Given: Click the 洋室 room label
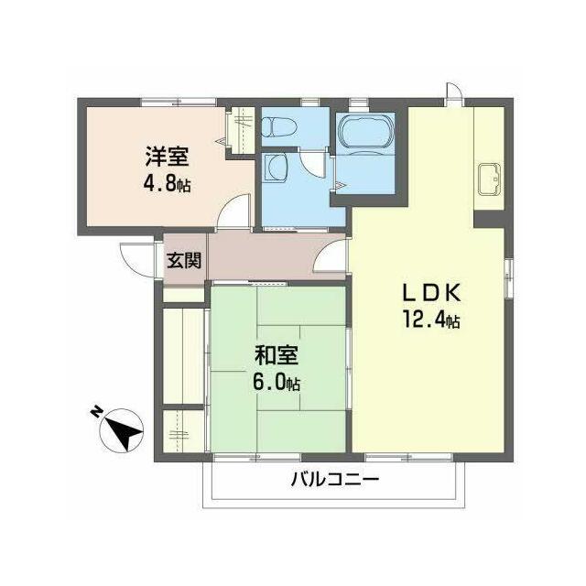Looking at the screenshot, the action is click(x=167, y=157).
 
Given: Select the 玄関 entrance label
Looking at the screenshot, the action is click(x=184, y=260).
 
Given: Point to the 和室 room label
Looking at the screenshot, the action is click(x=277, y=355).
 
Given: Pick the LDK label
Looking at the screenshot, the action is click(x=430, y=293).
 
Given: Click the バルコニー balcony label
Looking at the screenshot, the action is click(x=335, y=479).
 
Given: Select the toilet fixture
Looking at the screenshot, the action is click(x=278, y=126).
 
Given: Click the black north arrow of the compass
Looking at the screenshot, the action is click(x=124, y=430).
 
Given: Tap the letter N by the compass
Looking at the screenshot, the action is click(x=96, y=412).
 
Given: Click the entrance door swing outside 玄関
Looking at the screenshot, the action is click(x=138, y=259).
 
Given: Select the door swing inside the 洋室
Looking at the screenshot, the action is click(x=233, y=211).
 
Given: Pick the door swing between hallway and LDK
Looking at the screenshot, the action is click(x=330, y=255).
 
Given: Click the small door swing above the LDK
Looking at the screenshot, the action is click(x=454, y=91).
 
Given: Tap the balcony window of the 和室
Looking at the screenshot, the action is click(x=256, y=457).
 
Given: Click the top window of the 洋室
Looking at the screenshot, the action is click(x=179, y=102).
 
